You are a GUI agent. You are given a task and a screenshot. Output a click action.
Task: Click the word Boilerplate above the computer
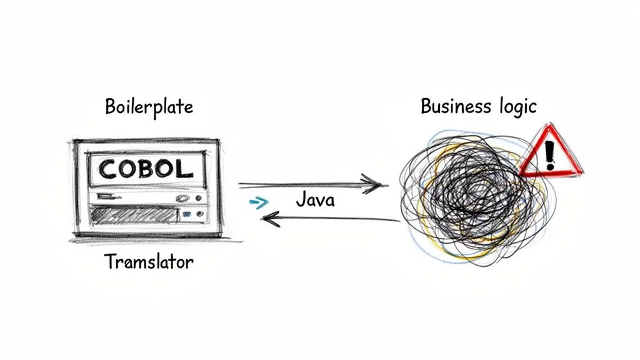[148, 107]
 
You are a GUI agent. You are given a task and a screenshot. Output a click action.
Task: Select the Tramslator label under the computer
[148, 261]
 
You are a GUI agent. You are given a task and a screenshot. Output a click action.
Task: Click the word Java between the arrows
[314, 200]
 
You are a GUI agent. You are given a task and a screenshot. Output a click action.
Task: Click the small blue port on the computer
[187, 214]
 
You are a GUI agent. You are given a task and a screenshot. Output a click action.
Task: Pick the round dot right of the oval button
[199, 197]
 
